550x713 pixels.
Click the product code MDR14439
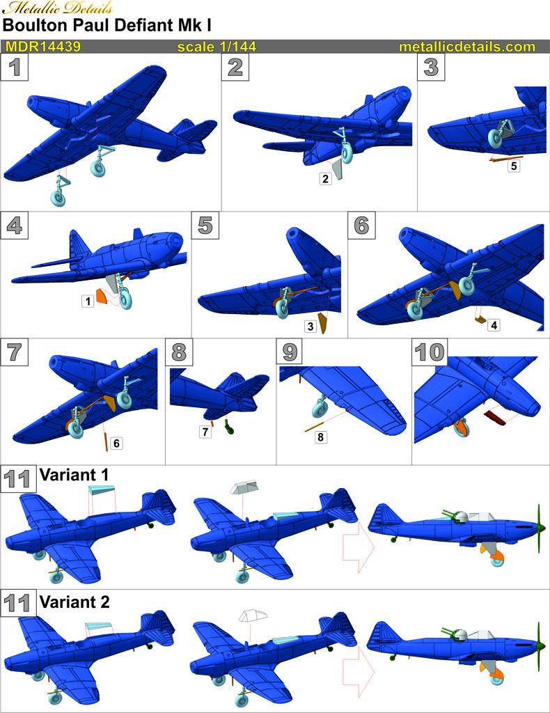click(43, 47)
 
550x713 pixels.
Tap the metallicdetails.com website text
click(467, 47)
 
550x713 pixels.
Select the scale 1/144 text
click(217, 47)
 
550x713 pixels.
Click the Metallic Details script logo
click(57, 8)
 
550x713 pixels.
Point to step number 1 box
click(15, 68)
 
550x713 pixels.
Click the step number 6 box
click(361, 225)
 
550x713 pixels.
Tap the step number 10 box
click(429, 352)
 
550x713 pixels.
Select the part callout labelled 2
click(325, 179)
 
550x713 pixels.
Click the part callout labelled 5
click(514, 166)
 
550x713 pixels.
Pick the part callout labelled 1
click(88, 301)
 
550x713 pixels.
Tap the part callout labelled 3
click(311, 326)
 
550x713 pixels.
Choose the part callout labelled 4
click(494, 324)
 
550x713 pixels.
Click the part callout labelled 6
click(116, 444)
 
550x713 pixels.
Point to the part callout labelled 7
click(205, 432)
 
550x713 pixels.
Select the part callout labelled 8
click(320, 437)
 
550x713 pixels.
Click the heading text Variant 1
click(74, 475)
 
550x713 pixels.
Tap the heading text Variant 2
click(74, 602)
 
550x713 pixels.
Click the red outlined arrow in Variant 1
click(358, 547)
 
